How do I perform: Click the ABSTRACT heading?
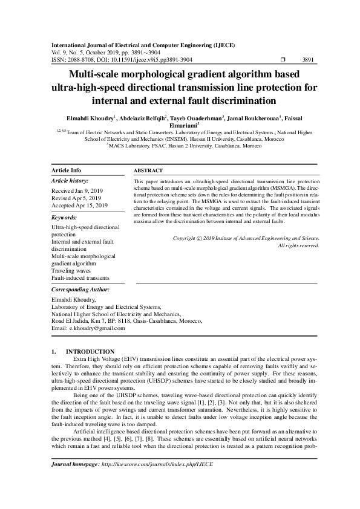pyautogui.click(x=148, y=171)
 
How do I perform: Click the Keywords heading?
pyautogui.click(x=64, y=217)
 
